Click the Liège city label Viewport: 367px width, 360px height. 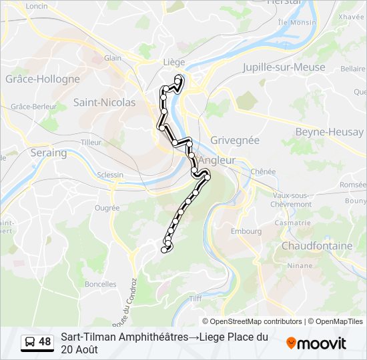[173, 62]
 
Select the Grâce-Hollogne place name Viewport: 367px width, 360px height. [42, 79]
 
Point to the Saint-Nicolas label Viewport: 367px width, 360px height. [104, 103]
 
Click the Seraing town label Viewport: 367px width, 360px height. [49, 153]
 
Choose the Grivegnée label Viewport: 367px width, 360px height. [234, 141]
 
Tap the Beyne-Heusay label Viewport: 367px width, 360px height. [329, 132]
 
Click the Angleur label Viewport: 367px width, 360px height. [218, 161]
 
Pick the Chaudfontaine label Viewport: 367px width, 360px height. [317, 246]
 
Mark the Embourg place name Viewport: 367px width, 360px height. [246, 231]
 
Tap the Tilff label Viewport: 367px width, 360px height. [196, 299]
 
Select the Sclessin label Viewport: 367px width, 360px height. [109, 175]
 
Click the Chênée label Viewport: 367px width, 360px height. [263, 171]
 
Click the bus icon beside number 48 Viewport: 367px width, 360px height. [30, 343]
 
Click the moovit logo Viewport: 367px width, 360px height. [316, 343]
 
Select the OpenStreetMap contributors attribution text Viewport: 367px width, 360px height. [252, 321]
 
